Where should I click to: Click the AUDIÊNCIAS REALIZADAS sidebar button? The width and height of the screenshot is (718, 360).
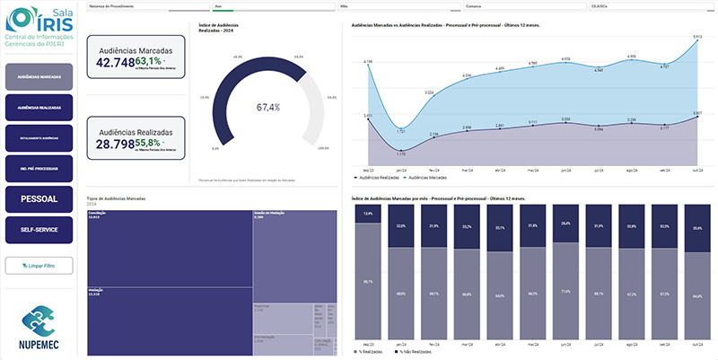pyautogui.click(x=38, y=108)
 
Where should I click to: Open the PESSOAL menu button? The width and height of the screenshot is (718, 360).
pyautogui.click(x=38, y=198)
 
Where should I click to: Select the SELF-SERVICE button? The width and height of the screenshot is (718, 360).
pyautogui.click(x=38, y=230)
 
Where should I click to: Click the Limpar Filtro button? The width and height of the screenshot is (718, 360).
pyautogui.click(x=38, y=265)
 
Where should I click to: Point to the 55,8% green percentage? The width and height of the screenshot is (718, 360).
pyautogui.click(x=149, y=143)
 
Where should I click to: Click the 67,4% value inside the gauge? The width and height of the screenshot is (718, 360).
pyautogui.click(x=268, y=108)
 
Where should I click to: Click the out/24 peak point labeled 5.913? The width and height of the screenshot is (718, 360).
pyautogui.click(x=697, y=42)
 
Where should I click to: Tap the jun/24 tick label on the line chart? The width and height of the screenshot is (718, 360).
pyautogui.click(x=565, y=169)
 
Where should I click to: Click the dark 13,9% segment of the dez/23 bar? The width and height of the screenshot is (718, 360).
pyautogui.click(x=367, y=214)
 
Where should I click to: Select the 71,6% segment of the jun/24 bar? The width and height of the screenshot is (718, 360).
pyautogui.click(x=565, y=293)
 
